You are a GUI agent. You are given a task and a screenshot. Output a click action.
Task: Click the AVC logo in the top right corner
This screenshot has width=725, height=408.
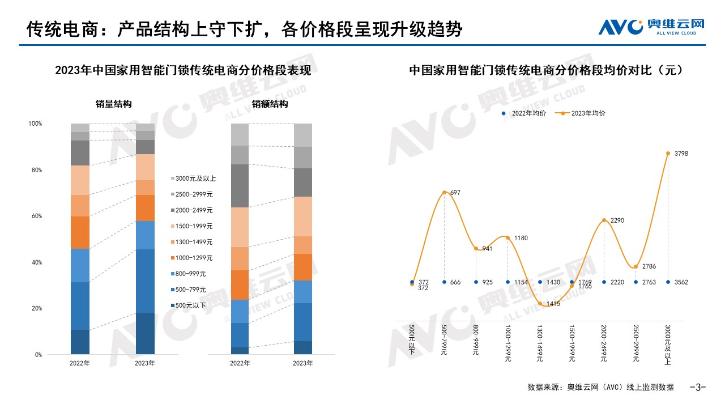[x=651, y=27]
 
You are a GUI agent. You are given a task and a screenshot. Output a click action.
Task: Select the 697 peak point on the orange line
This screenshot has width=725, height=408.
[x=444, y=193]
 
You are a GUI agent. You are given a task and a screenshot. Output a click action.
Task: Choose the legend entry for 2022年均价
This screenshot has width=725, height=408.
[x=524, y=113]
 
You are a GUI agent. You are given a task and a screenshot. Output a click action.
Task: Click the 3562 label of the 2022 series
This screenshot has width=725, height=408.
[x=681, y=282]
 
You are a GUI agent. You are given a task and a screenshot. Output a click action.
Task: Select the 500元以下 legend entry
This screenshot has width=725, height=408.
[x=190, y=305]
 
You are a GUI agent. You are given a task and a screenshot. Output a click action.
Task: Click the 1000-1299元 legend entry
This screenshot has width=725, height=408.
[x=193, y=258]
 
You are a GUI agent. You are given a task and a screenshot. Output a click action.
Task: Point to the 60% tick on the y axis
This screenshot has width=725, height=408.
[x=35, y=216]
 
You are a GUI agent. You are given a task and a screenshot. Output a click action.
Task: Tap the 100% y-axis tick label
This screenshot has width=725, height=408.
[x=35, y=124]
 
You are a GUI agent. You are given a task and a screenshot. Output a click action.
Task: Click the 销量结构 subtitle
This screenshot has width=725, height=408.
[x=113, y=104]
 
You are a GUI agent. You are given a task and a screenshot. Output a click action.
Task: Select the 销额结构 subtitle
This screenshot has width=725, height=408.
[x=270, y=104]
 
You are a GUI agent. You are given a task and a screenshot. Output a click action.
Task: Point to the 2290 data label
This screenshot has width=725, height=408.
[x=617, y=220]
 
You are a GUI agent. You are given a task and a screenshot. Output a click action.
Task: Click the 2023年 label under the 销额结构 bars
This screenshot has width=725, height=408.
[x=303, y=363]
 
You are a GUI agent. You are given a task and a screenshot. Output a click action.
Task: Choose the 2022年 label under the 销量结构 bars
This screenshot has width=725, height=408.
[x=80, y=363]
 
